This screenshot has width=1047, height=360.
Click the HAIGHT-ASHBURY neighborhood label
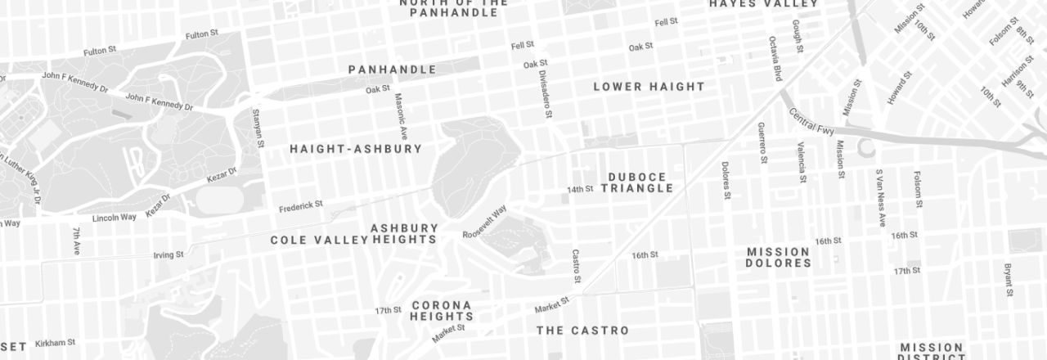(x=356, y=149)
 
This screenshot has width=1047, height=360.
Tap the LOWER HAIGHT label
(x=649, y=87)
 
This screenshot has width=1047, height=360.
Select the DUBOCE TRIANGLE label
(x=636, y=182)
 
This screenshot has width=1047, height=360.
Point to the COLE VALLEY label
(x=319, y=240)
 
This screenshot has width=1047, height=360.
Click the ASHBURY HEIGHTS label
(x=404, y=233)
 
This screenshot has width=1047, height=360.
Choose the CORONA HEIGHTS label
(x=442, y=311)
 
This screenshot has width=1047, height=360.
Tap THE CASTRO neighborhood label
(x=582, y=331)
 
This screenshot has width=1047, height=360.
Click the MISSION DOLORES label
(x=778, y=258)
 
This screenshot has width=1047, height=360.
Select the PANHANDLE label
(x=392, y=70)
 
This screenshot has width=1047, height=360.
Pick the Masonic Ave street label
(x=401, y=116)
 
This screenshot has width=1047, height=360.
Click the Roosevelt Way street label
(x=484, y=222)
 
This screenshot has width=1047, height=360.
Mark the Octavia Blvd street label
(x=775, y=58)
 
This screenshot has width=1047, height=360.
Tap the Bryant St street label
(x=1008, y=280)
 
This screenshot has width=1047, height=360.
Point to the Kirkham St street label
(x=55, y=343)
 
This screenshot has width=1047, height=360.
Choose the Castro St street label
(x=576, y=267)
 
